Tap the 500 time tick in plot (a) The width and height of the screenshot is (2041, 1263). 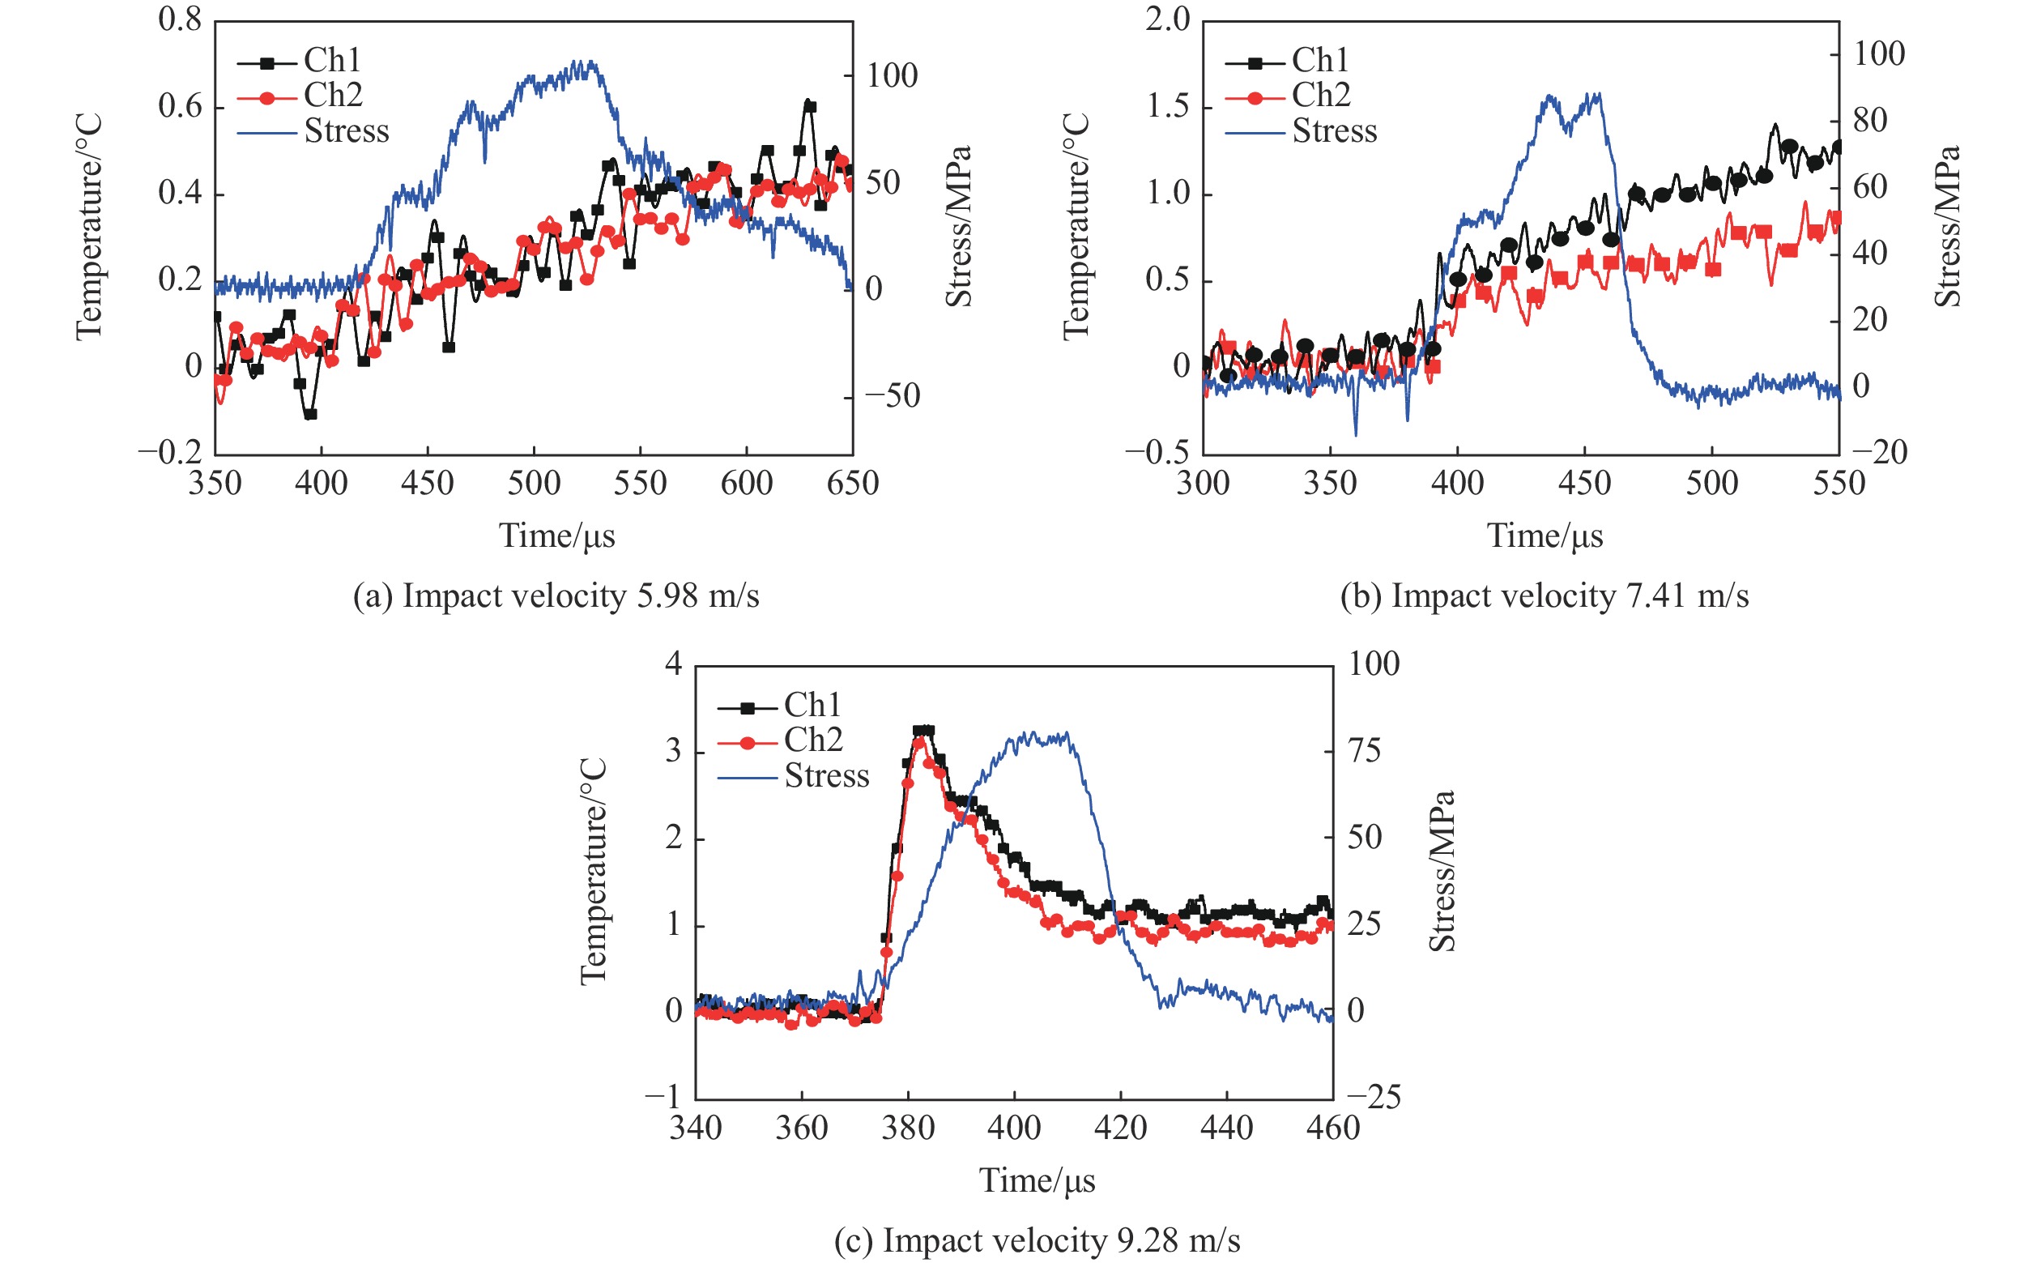(x=534, y=484)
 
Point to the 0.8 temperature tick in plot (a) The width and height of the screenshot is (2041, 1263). (x=181, y=20)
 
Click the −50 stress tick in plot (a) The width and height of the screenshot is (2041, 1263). (x=892, y=396)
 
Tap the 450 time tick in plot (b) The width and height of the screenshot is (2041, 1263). (x=1584, y=484)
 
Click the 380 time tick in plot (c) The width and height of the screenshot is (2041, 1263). (x=908, y=1129)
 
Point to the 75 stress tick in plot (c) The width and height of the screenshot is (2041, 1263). (x=1364, y=751)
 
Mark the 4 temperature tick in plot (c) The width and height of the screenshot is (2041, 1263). (x=673, y=664)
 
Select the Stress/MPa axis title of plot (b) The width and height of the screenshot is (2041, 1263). (x=1946, y=226)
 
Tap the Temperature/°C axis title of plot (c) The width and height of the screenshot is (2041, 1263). (x=593, y=871)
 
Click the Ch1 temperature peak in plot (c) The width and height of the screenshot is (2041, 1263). (x=922, y=730)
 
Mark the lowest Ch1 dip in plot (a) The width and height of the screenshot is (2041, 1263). (x=310, y=414)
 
